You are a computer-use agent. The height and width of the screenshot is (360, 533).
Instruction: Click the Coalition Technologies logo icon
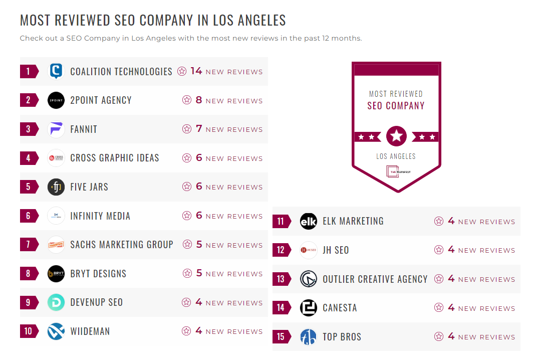coord(56,71)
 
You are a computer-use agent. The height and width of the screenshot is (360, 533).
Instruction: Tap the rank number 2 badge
coord(28,100)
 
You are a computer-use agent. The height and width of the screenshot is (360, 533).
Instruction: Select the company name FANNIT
coord(84,129)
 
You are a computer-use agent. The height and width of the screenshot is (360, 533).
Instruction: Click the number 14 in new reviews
coord(196,71)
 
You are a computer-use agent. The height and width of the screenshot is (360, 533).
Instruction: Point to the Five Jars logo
coord(56,187)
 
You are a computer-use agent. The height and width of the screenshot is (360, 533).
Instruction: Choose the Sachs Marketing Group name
coord(122,245)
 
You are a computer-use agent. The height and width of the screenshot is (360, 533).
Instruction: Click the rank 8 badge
coord(28,274)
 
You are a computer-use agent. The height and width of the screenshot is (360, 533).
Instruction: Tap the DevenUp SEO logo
coord(56,302)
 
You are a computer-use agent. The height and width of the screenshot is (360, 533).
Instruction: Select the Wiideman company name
coord(90,331)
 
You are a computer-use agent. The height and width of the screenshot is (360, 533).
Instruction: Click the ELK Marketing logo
coord(309,221)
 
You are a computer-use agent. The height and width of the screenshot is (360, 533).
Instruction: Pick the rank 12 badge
coord(281,250)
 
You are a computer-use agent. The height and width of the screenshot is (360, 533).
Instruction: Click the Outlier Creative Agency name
coord(375,279)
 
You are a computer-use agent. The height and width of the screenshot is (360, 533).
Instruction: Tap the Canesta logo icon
coord(309,308)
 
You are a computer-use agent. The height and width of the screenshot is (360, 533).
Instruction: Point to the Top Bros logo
coord(309,337)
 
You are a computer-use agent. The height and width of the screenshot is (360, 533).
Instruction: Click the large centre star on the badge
coord(396,136)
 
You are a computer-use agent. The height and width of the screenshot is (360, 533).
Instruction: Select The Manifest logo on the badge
coord(396,171)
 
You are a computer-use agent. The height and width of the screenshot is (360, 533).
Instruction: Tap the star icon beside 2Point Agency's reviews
coord(187,100)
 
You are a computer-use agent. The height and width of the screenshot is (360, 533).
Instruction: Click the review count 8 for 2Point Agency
coord(199,100)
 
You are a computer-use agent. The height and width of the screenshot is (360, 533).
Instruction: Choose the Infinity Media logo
coord(56,216)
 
